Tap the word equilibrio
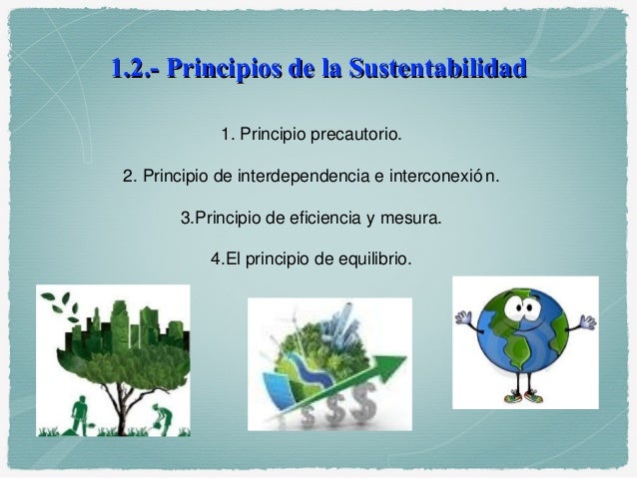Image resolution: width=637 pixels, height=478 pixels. (x=369, y=257)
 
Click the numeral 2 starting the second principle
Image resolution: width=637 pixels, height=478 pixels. (x=127, y=178)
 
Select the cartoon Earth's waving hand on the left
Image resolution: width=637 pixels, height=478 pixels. (x=465, y=319)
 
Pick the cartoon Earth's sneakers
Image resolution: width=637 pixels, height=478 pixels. (x=525, y=397)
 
